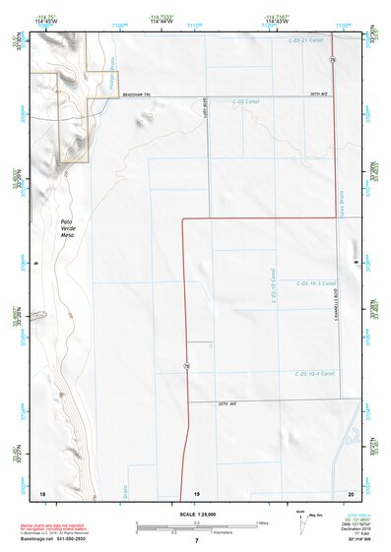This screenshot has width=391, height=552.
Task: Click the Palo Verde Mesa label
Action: point(67,229)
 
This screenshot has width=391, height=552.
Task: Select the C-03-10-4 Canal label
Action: point(314,373)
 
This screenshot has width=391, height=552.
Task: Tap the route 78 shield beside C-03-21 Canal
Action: point(333,60)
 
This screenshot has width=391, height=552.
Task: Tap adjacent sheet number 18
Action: point(42,491)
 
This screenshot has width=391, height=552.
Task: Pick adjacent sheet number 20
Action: point(351,491)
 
